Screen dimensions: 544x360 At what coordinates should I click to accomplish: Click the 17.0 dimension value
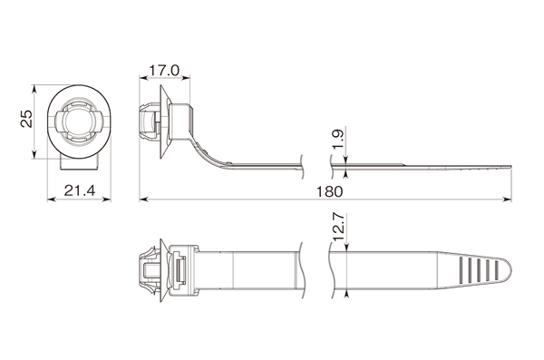[x=164, y=71]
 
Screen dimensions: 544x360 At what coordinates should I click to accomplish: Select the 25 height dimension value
[x=26, y=119]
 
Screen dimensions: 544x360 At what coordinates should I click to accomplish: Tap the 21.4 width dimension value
[x=80, y=190]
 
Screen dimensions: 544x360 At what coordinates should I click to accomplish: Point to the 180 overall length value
[x=329, y=191]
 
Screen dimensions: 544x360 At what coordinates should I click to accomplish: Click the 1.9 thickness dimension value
[x=337, y=139]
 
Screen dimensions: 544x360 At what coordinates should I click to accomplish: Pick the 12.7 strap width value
[x=337, y=227]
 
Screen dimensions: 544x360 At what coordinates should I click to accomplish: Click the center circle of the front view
[x=79, y=122]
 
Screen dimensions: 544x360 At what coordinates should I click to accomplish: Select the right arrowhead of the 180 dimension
[x=508, y=199]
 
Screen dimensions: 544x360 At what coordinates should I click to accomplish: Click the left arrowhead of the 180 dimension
[x=143, y=199]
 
